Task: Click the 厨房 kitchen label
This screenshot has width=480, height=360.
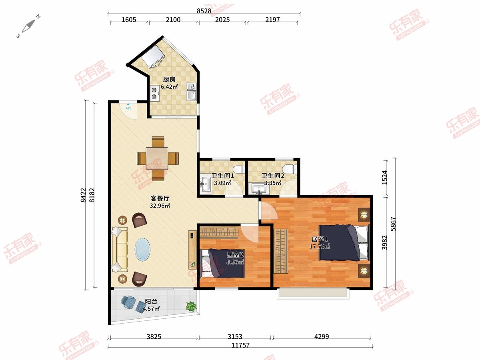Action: click(x=169, y=79)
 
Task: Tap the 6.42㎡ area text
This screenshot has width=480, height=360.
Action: click(x=169, y=87)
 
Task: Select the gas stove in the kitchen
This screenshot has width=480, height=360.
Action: click(x=155, y=93)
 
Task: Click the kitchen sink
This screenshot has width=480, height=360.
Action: click(x=191, y=92)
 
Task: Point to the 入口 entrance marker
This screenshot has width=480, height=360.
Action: click(x=128, y=107)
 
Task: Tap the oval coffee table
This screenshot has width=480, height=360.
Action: click(x=142, y=249)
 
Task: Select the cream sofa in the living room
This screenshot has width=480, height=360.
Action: click(x=120, y=249)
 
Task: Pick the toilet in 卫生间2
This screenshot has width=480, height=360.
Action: click(x=290, y=169)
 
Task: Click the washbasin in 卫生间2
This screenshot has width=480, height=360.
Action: click(x=259, y=189)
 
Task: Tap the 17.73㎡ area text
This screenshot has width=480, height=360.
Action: click(x=320, y=246)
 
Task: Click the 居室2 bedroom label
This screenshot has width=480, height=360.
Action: click(x=235, y=255)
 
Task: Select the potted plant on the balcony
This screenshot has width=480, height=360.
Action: click(x=191, y=306)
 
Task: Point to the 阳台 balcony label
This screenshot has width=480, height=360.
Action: click(x=151, y=302)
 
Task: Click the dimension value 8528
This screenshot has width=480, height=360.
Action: click(x=204, y=11)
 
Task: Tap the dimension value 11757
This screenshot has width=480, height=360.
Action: click(x=240, y=345)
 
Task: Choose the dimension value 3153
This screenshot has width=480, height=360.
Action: click(x=235, y=336)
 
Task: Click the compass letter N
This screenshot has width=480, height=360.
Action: click(x=38, y=16)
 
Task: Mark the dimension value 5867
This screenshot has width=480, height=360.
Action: click(x=393, y=224)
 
